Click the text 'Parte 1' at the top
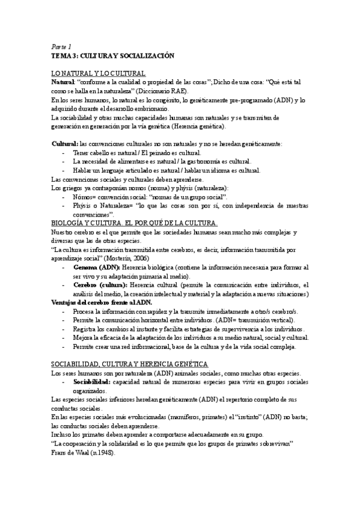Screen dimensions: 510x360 pos(61,46)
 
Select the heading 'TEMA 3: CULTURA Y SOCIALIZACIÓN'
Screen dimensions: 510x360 pos(112,55)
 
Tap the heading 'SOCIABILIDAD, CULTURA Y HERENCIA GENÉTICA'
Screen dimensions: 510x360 pos(129,365)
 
